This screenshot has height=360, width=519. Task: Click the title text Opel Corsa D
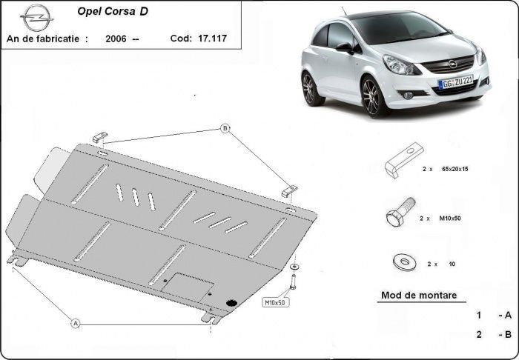tap(112, 13)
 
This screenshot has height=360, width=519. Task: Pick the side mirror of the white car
tap(345, 48)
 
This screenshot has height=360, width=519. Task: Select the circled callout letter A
tap(75, 323)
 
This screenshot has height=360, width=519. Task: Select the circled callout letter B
tap(224, 129)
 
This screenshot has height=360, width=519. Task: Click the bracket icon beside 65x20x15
tap(403, 159)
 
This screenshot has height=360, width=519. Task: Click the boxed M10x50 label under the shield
tap(275, 302)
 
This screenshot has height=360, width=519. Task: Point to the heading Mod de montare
tap(418, 295)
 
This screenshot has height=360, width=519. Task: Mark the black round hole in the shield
tap(231, 301)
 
